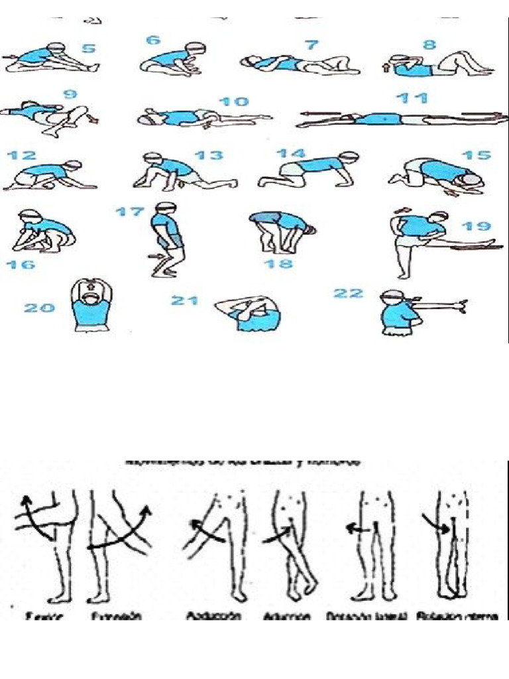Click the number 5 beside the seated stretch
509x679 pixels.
(88, 48)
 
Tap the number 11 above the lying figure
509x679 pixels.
(411, 98)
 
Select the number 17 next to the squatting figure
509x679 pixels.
(130, 212)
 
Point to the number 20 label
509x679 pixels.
(39, 308)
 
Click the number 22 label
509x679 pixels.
(349, 293)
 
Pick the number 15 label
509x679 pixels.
(477, 155)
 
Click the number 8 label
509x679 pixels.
(429, 45)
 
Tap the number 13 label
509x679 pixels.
(209, 156)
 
